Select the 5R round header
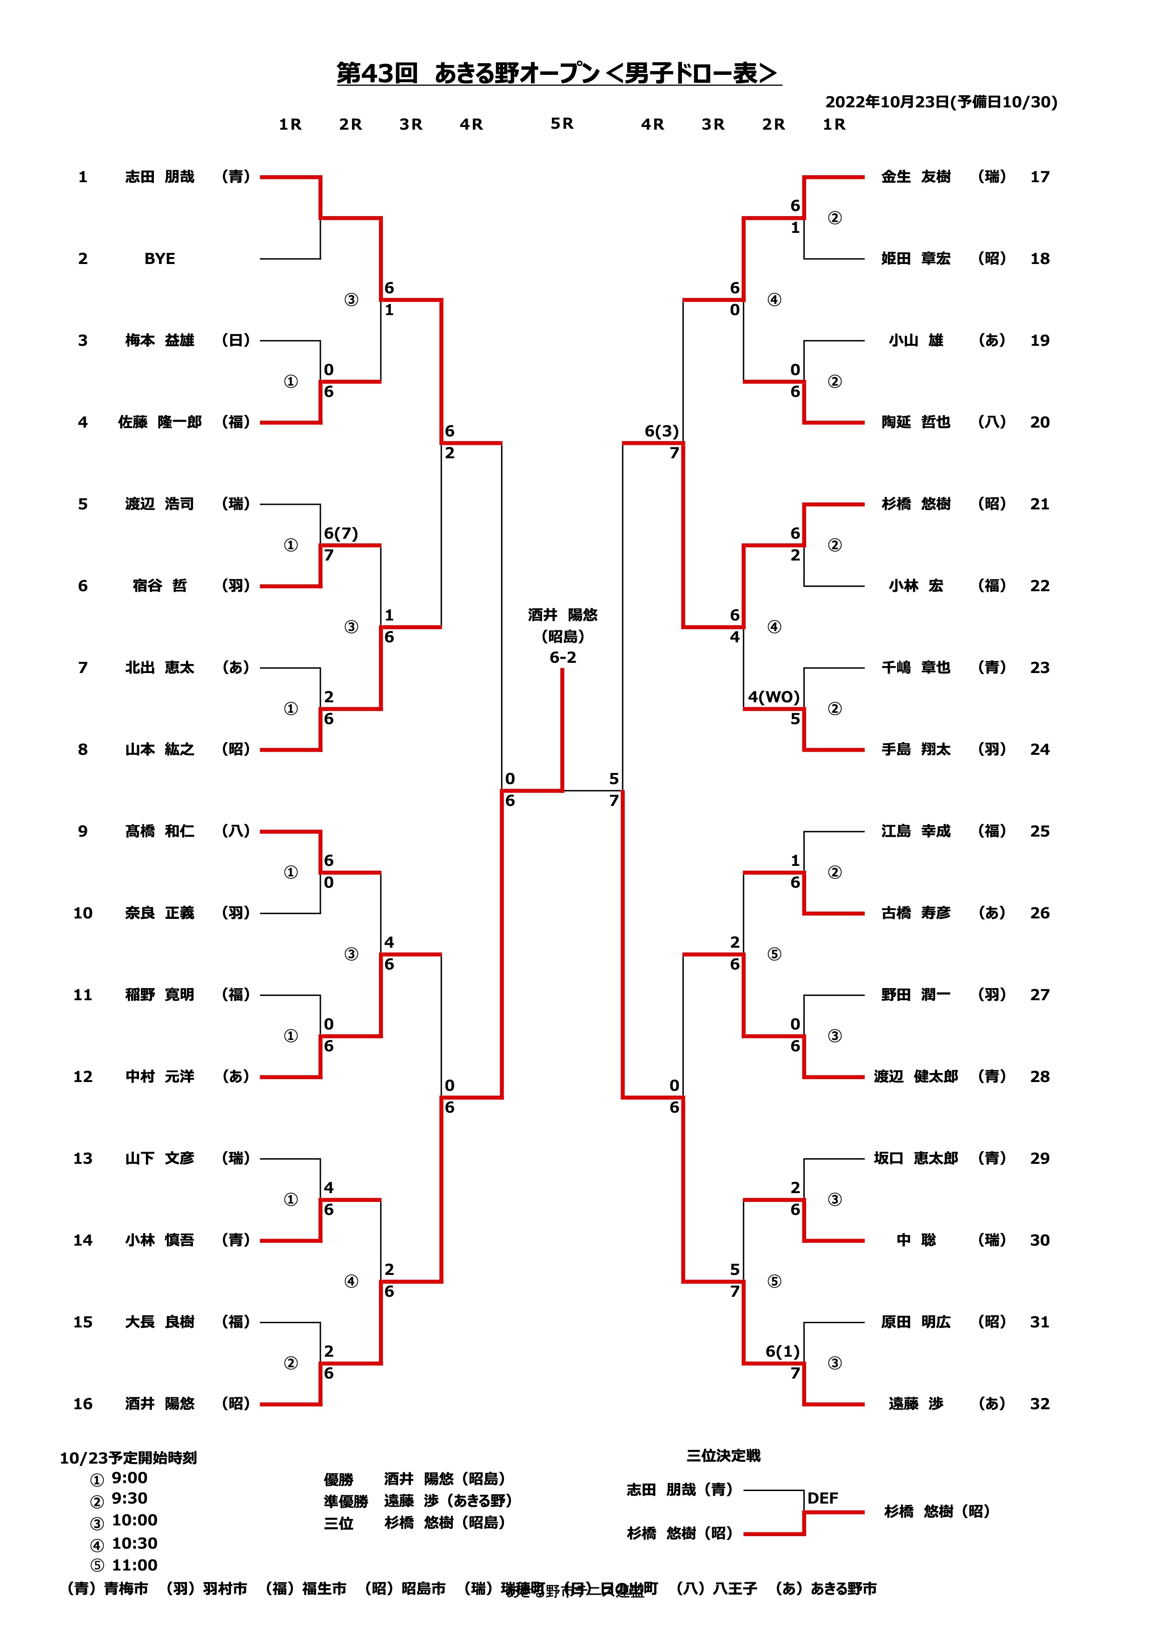point(562,124)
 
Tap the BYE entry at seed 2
point(160,258)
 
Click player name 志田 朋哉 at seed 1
point(160,177)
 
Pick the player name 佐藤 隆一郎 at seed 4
point(160,422)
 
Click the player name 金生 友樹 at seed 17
point(916,177)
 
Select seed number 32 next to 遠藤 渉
point(1040,1404)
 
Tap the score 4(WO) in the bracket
point(773,697)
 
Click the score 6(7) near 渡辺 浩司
point(341,533)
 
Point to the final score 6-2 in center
point(562,657)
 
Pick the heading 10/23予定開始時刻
point(128,1458)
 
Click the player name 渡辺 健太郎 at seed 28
point(916,1076)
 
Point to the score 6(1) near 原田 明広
point(782,1351)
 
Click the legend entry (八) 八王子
point(716,1589)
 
